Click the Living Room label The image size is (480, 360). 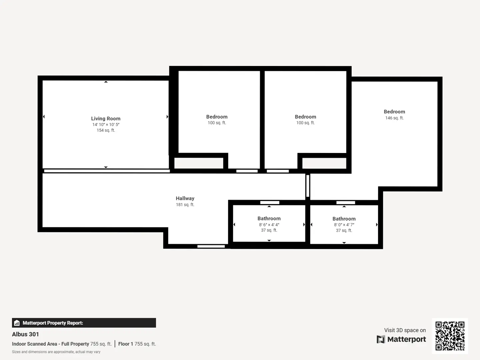(106, 118)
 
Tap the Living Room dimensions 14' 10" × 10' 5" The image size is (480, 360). (106, 125)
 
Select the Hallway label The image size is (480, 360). (185, 198)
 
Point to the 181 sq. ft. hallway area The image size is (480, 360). (185, 205)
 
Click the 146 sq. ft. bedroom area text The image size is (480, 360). (394, 118)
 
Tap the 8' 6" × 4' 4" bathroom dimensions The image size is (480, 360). (269, 225)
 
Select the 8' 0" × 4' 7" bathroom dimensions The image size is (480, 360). (344, 225)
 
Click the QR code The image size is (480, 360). (450, 336)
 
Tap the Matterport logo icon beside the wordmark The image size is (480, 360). (381, 339)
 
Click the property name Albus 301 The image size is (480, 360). (25, 334)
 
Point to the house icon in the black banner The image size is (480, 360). (17, 323)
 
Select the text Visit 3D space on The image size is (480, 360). (405, 330)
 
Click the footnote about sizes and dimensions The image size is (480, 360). (56, 352)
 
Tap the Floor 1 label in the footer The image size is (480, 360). (126, 344)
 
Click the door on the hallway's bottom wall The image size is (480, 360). (211, 246)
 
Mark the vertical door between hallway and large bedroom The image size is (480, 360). (308, 186)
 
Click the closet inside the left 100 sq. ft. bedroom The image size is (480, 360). (199, 163)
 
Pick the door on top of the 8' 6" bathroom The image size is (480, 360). (270, 202)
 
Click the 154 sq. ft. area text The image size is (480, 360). (106, 130)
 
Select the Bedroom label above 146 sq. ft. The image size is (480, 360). (394, 112)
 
